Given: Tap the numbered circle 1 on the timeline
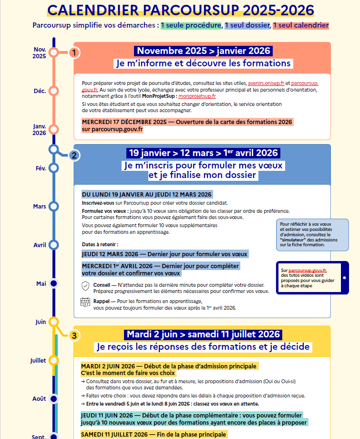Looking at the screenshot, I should click(74, 52).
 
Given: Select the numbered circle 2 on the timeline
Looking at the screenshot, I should click(73, 155).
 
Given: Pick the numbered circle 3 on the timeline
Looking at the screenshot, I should click(73, 335).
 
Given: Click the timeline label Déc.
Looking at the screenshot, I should click(40, 91).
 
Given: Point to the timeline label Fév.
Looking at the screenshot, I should click(40, 168).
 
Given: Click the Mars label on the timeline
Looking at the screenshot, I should click(40, 207).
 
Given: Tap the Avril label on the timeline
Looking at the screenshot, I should click(40, 245).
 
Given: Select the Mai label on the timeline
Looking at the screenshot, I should click(41, 283).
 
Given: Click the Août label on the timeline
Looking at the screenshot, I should click(39, 398).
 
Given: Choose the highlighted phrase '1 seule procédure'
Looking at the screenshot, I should click(191, 25).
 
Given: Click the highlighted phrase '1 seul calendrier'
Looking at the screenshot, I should click(301, 25).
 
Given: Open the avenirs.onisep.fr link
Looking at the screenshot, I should click(270, 83).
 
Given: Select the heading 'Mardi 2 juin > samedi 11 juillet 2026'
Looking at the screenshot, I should click(203, 334).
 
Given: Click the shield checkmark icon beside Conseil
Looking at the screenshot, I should click(85, 286).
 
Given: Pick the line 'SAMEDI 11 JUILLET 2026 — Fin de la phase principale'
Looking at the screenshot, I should click(153, 434).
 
